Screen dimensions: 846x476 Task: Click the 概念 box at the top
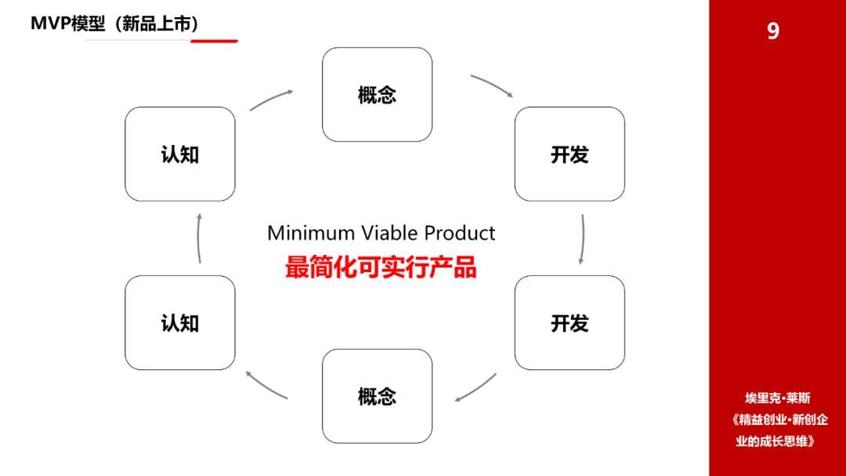pos(377,95)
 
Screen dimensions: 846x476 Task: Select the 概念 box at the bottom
pos(377,396)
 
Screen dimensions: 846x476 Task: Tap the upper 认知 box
pos(180,154)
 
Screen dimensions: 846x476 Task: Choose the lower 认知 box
pos(180,322)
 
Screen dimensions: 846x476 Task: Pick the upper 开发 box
pos(569,154)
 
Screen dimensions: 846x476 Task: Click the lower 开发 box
pos(569,322)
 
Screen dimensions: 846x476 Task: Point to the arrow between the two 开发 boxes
pos(583,239)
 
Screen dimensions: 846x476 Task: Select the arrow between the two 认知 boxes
pos(198,238)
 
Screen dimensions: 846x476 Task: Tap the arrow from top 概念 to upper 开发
pos(493,84)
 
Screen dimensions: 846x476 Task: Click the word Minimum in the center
pos(311,233)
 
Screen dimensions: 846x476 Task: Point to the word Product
pos(459,233)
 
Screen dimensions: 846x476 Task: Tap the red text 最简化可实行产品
pos(381,267)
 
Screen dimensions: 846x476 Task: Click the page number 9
pos(773,31)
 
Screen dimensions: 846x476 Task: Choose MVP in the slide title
pos(50,24)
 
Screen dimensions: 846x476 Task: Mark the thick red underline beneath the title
pos(214,41)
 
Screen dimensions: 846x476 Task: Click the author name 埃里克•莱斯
pos(778,398)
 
